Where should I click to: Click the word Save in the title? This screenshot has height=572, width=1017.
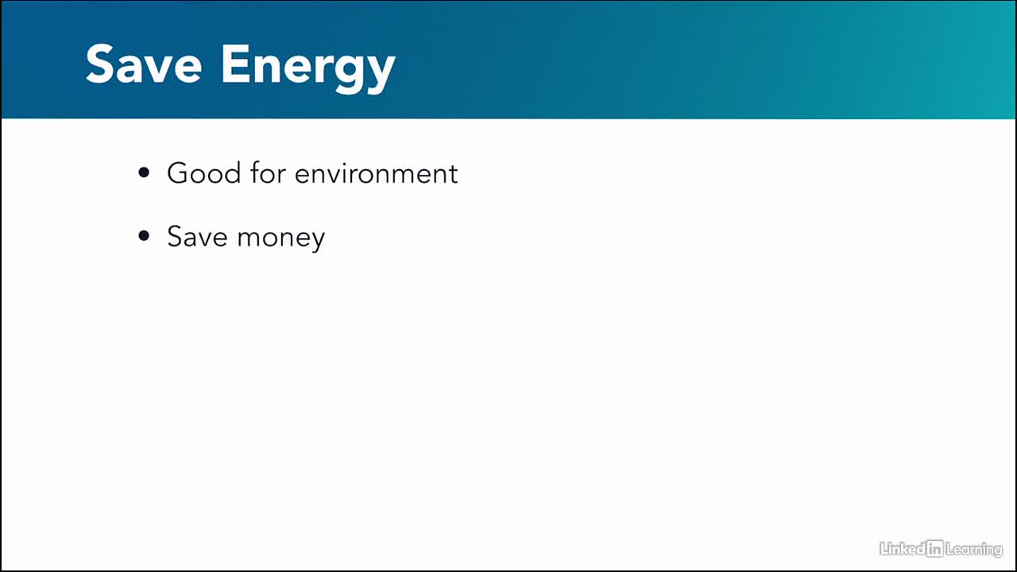coord(144,64)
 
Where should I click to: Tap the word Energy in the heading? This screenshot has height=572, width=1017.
coord(308,69)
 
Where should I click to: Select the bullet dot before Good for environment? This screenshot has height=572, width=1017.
coord(144,172)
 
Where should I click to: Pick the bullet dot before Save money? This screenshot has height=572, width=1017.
coord(144,236)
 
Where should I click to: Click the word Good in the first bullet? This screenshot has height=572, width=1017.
coord(204,173)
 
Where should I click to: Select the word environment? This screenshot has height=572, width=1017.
coord(377,174)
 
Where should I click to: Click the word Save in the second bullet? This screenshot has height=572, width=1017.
coord(197,236)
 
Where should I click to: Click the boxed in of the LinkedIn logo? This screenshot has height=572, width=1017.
coord(935,549)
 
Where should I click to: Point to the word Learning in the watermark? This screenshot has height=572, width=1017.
coord(974,550)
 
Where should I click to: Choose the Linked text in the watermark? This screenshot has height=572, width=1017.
coord(903,549)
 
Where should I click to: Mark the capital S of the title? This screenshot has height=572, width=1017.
coord(99,64)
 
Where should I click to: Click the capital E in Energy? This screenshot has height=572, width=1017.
coord(235,64)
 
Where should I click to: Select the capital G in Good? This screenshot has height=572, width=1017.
coord(178,173)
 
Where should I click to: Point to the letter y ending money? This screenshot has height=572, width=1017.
coord(317,241)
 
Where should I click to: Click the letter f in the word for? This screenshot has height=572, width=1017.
coord(256,172)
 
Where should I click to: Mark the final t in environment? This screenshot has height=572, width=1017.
coord(453,175)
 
